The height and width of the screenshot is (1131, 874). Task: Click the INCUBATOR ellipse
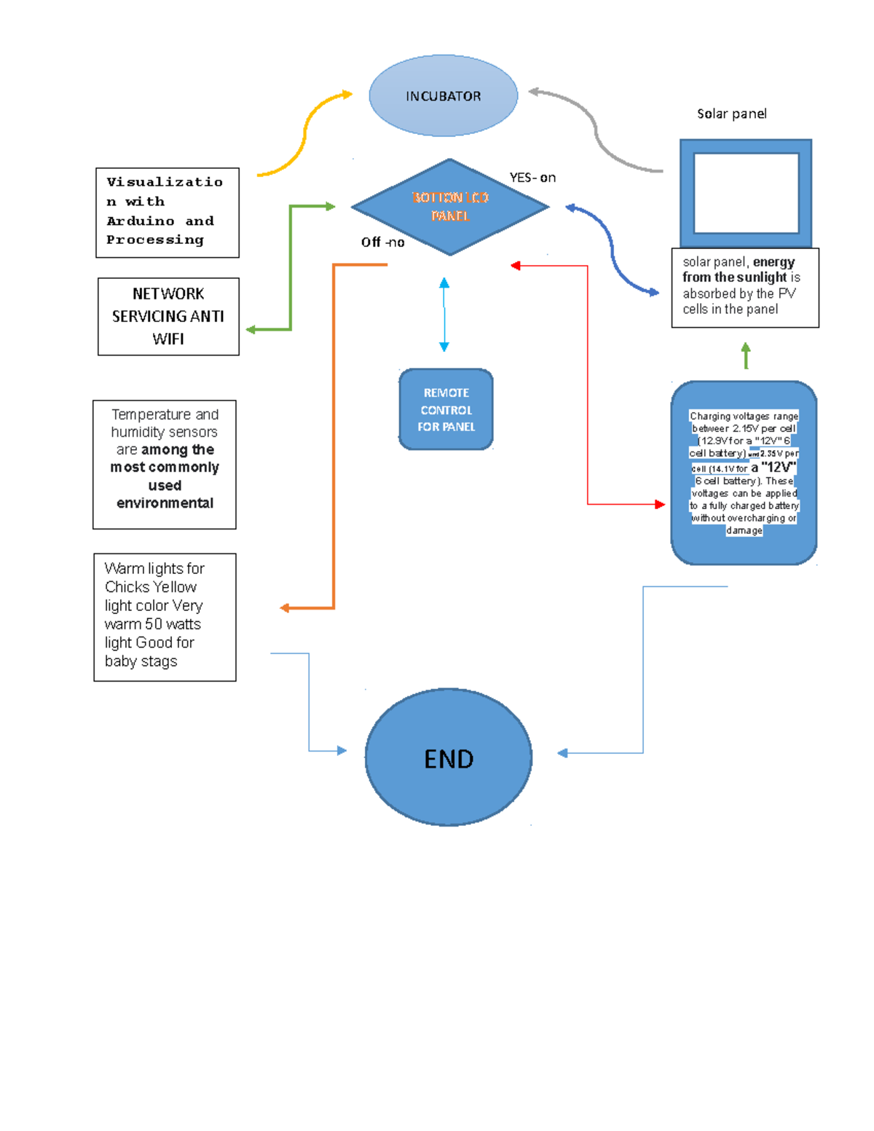443,95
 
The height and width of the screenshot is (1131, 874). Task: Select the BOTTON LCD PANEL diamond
449,207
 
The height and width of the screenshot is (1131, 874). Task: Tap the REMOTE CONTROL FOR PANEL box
446,409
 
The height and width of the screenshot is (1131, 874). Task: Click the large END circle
449,757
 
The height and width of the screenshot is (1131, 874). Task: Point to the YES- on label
532,178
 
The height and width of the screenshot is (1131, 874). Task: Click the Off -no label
382,243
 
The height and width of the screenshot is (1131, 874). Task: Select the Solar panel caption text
731,114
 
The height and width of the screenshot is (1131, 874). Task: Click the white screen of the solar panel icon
746,193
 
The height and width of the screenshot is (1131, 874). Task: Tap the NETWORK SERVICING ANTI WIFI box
168,316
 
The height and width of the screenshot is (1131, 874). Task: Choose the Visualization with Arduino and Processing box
167,212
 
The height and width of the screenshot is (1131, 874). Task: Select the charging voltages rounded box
744,473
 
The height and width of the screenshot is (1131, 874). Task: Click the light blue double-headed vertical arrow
444,315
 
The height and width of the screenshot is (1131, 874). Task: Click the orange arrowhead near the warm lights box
286,608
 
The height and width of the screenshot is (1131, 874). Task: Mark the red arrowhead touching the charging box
660,504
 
